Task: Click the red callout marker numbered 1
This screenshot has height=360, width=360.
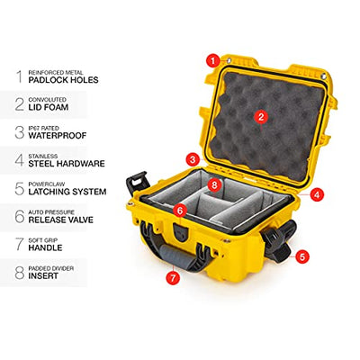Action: pos(213,61)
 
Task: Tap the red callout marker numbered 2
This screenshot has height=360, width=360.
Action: pos(261,117)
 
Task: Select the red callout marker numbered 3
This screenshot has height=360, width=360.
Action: pos(193,159)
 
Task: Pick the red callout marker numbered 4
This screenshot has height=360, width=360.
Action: pos(317,195)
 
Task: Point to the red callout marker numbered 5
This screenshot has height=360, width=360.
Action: pos(301,256)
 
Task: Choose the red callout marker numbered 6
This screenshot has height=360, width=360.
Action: pos(180,211)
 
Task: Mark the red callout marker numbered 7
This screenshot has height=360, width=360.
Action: pos(173,278)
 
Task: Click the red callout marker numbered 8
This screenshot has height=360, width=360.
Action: pos(214,184)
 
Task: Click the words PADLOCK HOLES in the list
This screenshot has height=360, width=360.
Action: pos(63,80)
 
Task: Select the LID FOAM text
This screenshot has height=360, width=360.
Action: pos(49,107)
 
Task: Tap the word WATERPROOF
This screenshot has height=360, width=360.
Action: pos(58,135)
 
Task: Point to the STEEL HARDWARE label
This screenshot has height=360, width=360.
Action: pos(67,164)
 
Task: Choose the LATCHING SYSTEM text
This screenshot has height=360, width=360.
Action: pos(67,192)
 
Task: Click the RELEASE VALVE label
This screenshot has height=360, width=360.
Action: pos(61,220)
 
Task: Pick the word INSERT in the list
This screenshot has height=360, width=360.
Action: pos(43,275)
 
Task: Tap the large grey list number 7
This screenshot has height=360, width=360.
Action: pos(20,244)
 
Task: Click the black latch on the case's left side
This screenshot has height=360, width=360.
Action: pos(137,184)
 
